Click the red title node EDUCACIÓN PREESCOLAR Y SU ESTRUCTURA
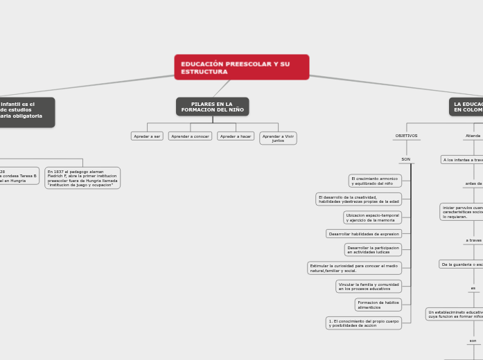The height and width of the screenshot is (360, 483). click(241, 67)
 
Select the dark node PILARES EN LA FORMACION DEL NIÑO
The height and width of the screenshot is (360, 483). click(212, 107)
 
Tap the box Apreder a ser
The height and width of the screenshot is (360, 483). click(147, 136)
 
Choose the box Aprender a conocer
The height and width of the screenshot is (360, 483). click(190, 136)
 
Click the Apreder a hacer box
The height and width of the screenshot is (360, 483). click(236, 136)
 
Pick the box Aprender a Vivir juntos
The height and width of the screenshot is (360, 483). click(278, 138)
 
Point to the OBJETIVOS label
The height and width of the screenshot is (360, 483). click(406, 136)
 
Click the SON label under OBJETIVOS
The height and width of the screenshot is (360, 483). click(405, 159)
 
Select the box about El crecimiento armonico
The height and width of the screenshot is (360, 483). click(374, 181)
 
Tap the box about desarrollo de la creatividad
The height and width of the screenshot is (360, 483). click(358, 199)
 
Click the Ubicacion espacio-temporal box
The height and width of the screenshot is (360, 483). click(372, 217)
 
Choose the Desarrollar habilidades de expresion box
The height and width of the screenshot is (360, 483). click(364, 234)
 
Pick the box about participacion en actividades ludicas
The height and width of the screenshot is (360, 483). click(373, 249)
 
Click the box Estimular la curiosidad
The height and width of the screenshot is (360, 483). click(354, 268)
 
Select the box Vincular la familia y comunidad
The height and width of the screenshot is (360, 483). click(368, 286)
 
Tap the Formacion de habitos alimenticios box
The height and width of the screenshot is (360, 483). click(378, 305)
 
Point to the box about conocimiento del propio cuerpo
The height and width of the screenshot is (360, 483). click(364, 323)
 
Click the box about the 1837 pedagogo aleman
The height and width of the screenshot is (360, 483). click(82, 178)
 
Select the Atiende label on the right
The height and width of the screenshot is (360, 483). click(473, 136)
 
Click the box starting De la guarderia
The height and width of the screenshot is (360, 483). click(462, 264)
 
